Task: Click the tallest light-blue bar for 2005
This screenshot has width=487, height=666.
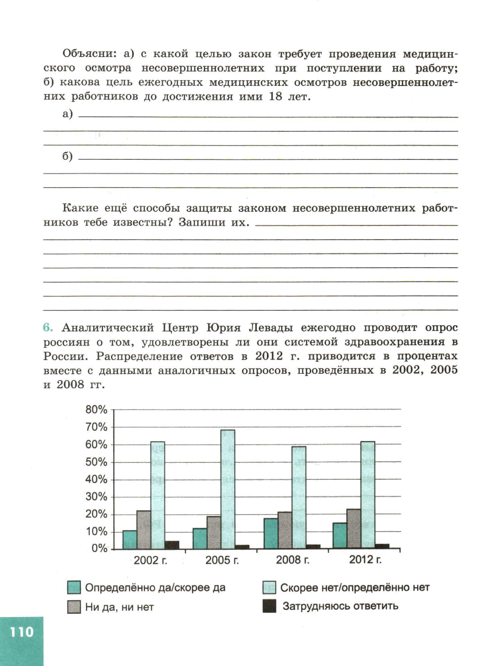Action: click(228, 489)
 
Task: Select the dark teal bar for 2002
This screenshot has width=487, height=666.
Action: click(130, 540)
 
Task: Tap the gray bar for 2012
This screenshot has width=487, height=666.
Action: click(354, 529)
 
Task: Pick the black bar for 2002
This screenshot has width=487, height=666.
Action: click(172, 545)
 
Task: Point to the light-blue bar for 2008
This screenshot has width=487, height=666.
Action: click(299, 497)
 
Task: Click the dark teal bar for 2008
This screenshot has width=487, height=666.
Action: click(271, 534)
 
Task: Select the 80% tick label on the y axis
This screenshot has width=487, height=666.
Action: click(96, 410)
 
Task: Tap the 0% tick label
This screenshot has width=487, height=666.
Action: click(99, 548)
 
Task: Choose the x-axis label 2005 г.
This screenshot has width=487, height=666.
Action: click(222, 560)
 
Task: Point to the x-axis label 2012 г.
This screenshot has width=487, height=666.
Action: click(365, 560)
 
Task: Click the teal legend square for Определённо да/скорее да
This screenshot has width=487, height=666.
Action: click(74, 587)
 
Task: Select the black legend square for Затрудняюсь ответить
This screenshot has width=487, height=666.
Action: click(269, 606)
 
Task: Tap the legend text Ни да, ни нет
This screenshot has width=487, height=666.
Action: click(120, 607)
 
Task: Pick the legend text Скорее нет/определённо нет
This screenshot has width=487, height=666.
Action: click(355, 587)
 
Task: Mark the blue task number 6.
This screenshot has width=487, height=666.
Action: click(48, 328)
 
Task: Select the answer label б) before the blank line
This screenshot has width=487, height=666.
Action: click(68, 156)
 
